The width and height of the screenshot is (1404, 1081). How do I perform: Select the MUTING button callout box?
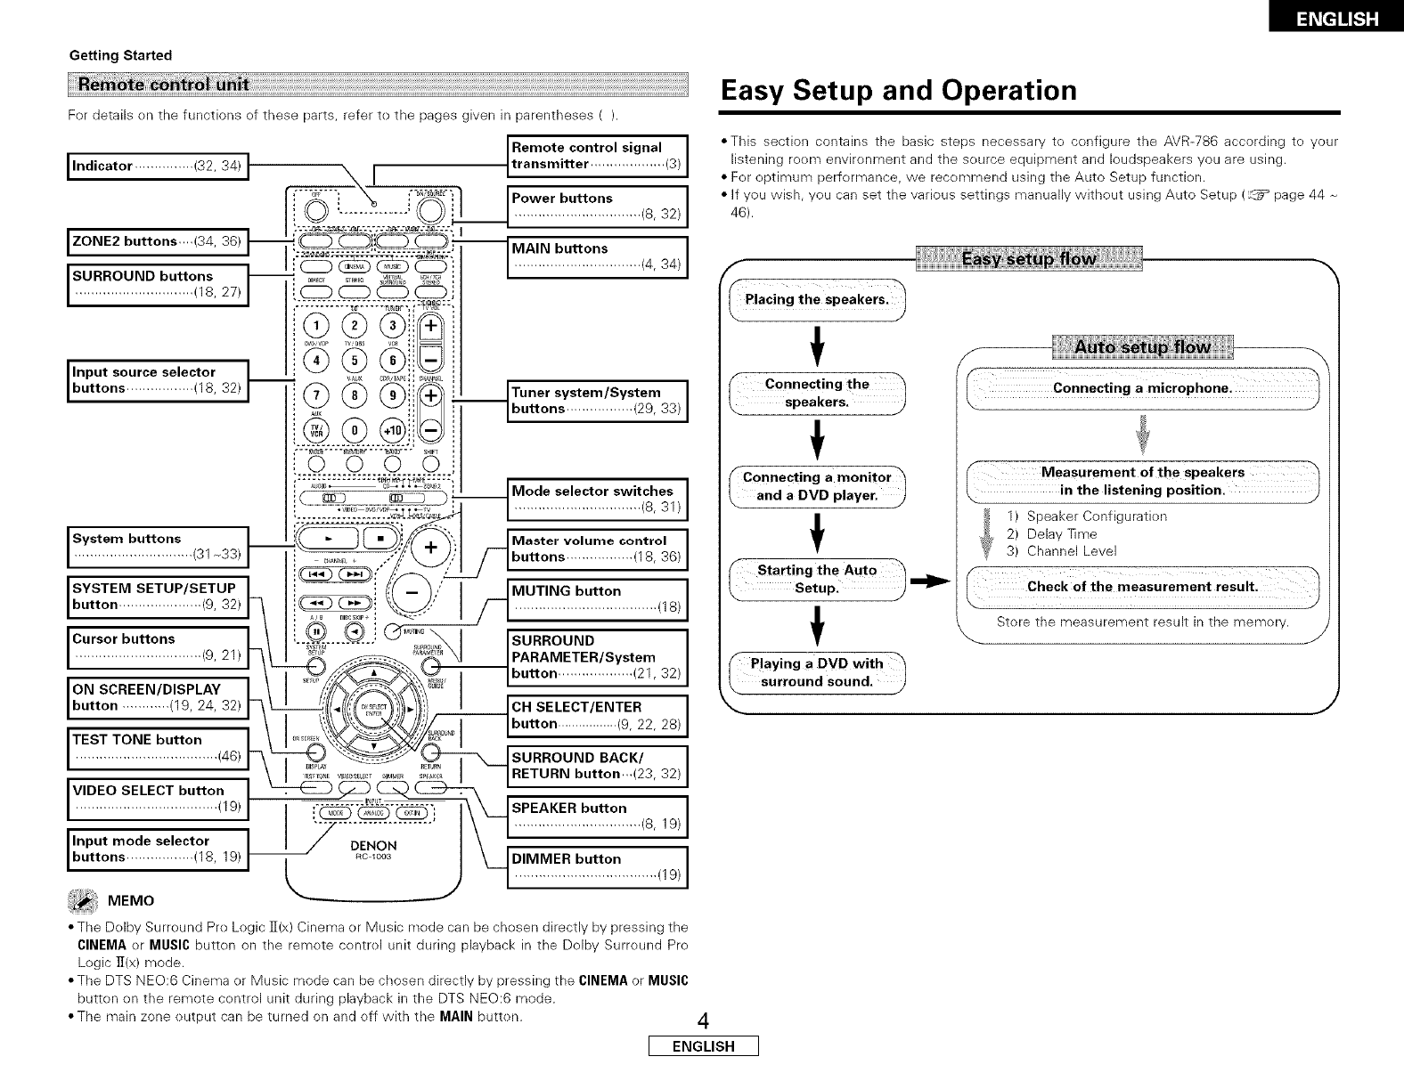pyautogui.click(x=596, y=599)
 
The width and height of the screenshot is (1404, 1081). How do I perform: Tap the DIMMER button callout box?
pyautogui.click(x=596, y=867)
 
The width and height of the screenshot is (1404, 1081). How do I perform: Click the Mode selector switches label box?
pyautogui.click(x=596, y=500)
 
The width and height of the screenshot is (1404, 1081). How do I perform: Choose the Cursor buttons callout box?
pyautogui.click(x=157, y=647)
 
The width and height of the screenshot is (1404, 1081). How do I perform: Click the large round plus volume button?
pyautogui.click(x=429, y=546)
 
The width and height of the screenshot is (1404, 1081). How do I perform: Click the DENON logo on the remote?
pyautogui.click(x=373, y=845)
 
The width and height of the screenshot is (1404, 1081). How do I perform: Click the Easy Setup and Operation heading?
pyautogui.click(x=899, y=91)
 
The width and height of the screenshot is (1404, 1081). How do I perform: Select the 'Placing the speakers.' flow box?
pyautogui.click(x=817, y=298)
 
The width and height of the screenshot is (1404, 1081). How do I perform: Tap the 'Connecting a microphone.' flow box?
pyautogui.click(x=1142, y=388)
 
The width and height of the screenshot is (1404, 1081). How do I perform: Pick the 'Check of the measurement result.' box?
pyautogui.click(x=1142, y=586)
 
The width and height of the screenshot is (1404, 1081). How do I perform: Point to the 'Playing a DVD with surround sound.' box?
pyautogui.click(x=817, y=672)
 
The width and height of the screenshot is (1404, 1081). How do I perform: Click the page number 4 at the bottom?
pyautogui.click(x=701, y=1020)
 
